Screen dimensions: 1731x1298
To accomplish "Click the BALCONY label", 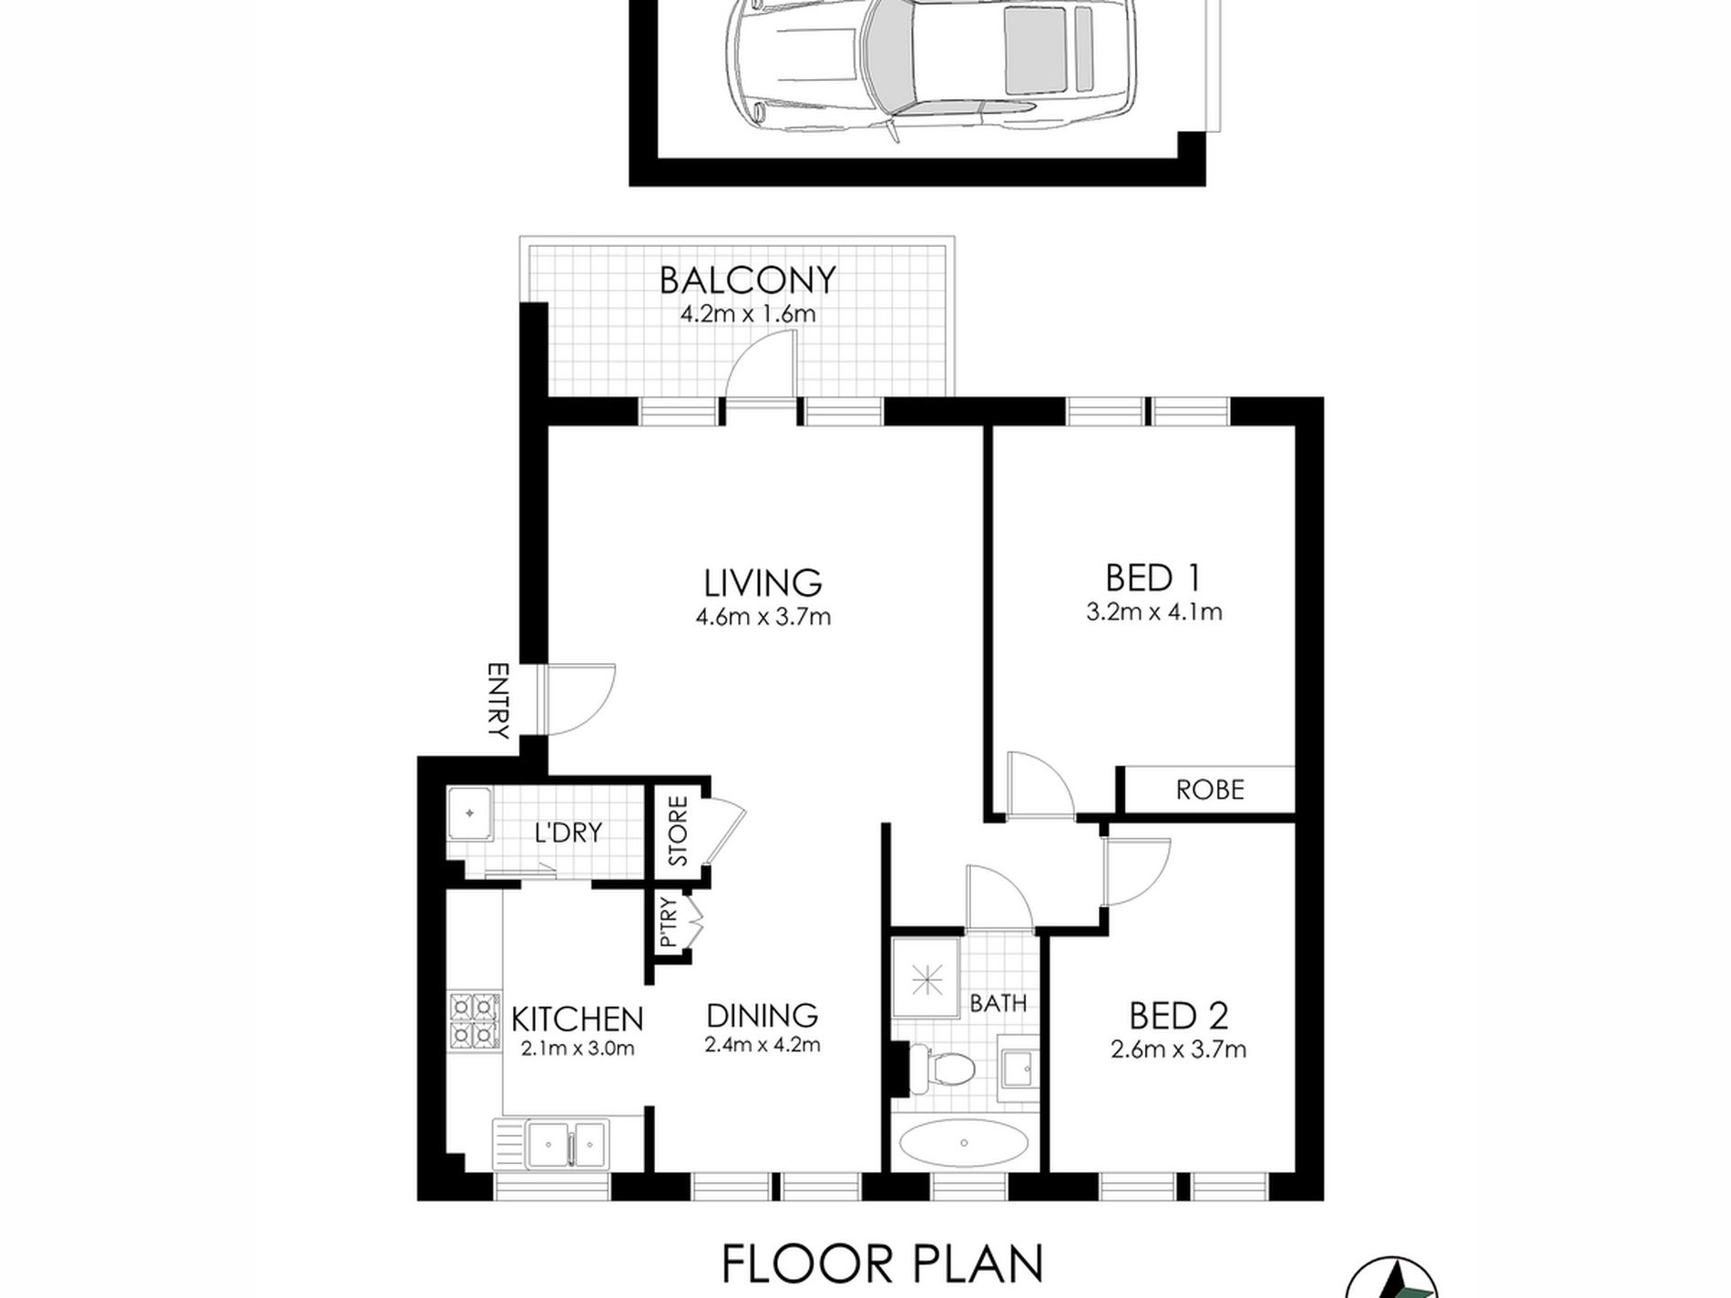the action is click(747, 280).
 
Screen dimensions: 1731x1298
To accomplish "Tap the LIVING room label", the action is click(763, 582).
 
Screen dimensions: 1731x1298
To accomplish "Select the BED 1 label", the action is click(1152, 578).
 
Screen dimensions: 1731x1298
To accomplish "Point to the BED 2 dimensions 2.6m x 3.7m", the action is click(1178, 1050).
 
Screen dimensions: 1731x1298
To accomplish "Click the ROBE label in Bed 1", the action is click(1210, 790).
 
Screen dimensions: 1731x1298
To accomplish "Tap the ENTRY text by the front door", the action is click(497, 701).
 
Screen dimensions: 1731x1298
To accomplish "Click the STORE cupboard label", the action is click(678, 832).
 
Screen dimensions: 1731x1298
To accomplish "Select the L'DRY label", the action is click(568, 832).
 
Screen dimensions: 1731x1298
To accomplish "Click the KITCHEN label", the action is click(577, 1018).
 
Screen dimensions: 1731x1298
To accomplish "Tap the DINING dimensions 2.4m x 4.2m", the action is click(763, 1046).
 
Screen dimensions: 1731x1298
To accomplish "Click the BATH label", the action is click(999, 1004).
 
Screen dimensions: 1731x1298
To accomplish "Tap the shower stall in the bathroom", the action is click(927, 978).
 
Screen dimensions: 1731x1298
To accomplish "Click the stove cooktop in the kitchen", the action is click(474, 1020).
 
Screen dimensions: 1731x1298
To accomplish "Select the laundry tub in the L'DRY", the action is click(470, 813).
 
